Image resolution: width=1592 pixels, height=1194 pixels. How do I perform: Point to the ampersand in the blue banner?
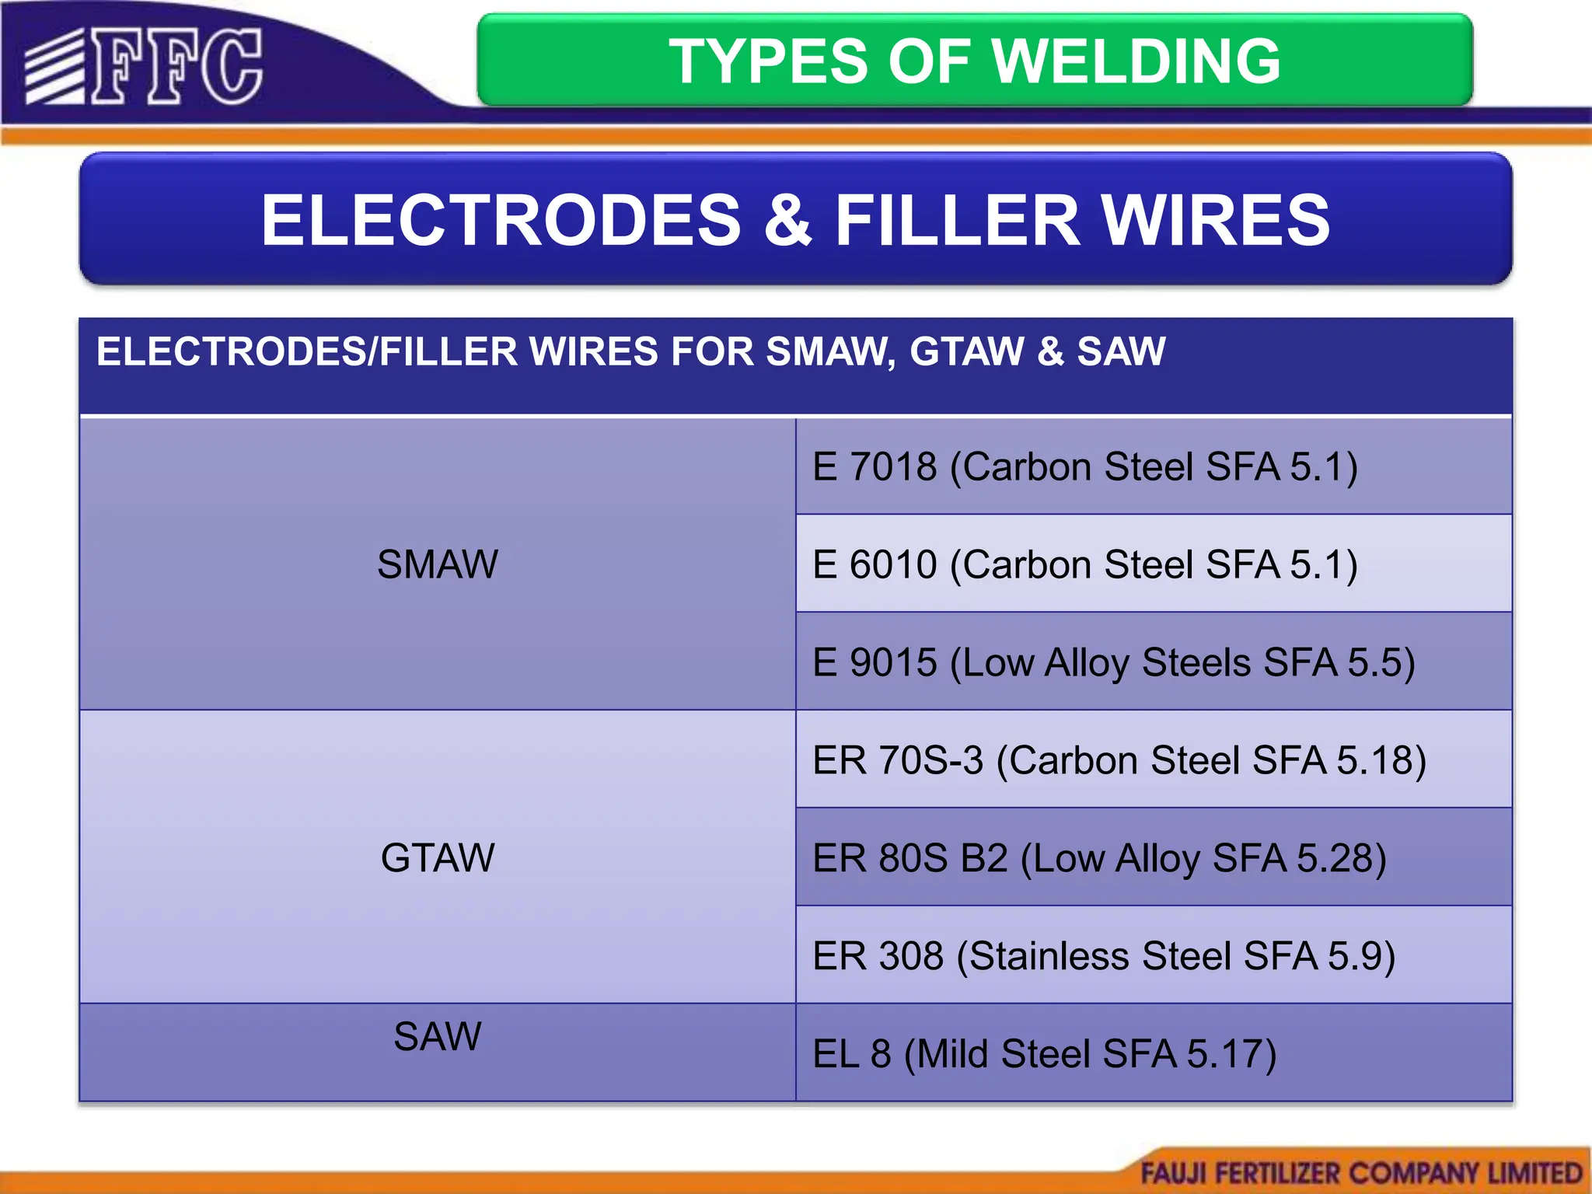[x=787, y=221]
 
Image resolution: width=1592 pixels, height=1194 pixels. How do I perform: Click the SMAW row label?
[x=437, y=564]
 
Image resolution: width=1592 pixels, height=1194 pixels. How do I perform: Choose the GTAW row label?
[x=437, y=858]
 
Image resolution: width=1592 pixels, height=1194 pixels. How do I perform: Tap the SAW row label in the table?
[x=437, y=1036]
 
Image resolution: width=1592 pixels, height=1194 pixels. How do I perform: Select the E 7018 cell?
[x=1084, y=467]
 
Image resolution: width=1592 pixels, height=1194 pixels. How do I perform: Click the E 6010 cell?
[x=1084, y=565]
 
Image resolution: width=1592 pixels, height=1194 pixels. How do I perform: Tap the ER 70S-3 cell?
[x=1119, y=760]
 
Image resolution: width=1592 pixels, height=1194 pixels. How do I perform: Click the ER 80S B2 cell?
[x=1099, y=859]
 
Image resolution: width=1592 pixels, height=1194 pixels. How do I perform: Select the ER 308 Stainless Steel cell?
[x=1104, y=956]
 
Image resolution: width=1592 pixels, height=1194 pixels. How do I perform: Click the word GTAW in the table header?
[x=966, y=351]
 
